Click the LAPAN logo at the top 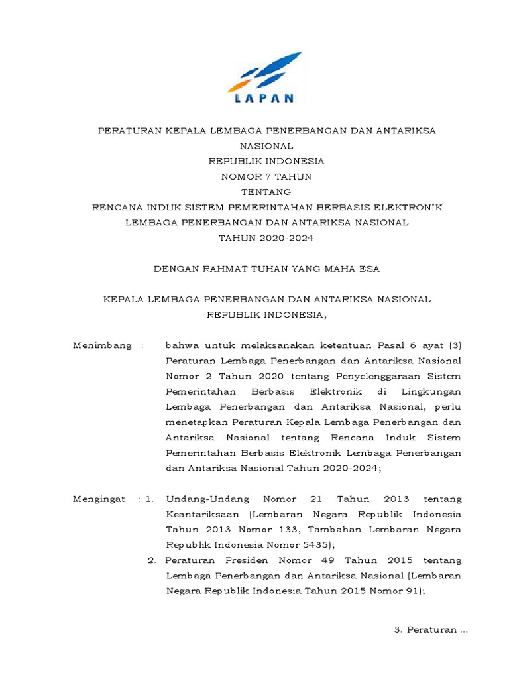click(x=264, y=78)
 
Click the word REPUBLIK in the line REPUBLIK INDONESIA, click(x=233, y=314)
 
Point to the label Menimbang click(x=101, y=345)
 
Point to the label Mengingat click(x=99, y=499)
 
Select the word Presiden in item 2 click(x=238, y=560)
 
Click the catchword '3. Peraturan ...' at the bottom click(x=431, y=630)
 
